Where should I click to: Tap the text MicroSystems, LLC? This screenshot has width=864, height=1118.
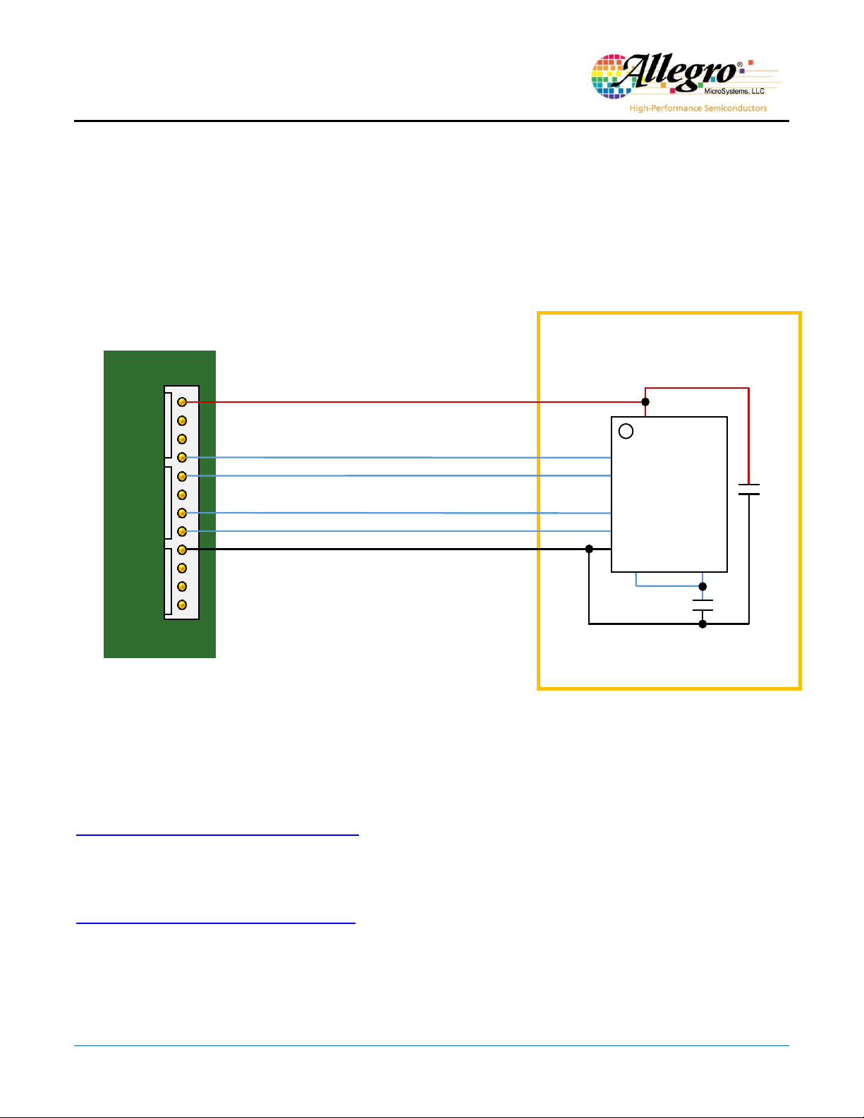pyautogui.click(x=734, y=91)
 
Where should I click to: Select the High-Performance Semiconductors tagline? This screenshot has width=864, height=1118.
pyautogui.click(x=698, y=108)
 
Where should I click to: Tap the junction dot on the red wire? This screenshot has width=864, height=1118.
pyautogui.click(x=645, y=402)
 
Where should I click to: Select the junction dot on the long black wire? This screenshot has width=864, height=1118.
pyautogui.click(x=590, y=549)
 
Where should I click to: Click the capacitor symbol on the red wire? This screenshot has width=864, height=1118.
pyautogui.click(x=749, y=490)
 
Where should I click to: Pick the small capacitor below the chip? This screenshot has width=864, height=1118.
pyautogui.click(x=702, y=605)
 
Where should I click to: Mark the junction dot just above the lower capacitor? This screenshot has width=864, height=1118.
pyautogui.click(x=702, y=587)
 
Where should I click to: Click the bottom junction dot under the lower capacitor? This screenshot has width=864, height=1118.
pyautogui.click(x=702, y=624)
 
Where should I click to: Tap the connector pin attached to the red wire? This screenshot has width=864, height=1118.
pyautogui.click(x=182, y=402)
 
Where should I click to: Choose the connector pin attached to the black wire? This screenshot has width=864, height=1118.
pyautogui.click(x=182, y=549)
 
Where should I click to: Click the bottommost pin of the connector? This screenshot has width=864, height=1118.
pyautogui.click(x=182, y=605)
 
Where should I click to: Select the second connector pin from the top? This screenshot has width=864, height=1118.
pyautogui.click(x=182, y=421)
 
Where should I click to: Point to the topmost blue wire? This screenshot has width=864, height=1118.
pyautogui.click(x=398, y=457)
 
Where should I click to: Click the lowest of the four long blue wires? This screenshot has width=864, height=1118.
pyautogui.click(x=398, y=531)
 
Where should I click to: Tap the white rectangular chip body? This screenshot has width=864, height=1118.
pyautogui.click(x=669, y=494)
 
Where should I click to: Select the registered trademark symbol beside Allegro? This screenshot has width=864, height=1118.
pyautogui.click(x=740, y=65)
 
